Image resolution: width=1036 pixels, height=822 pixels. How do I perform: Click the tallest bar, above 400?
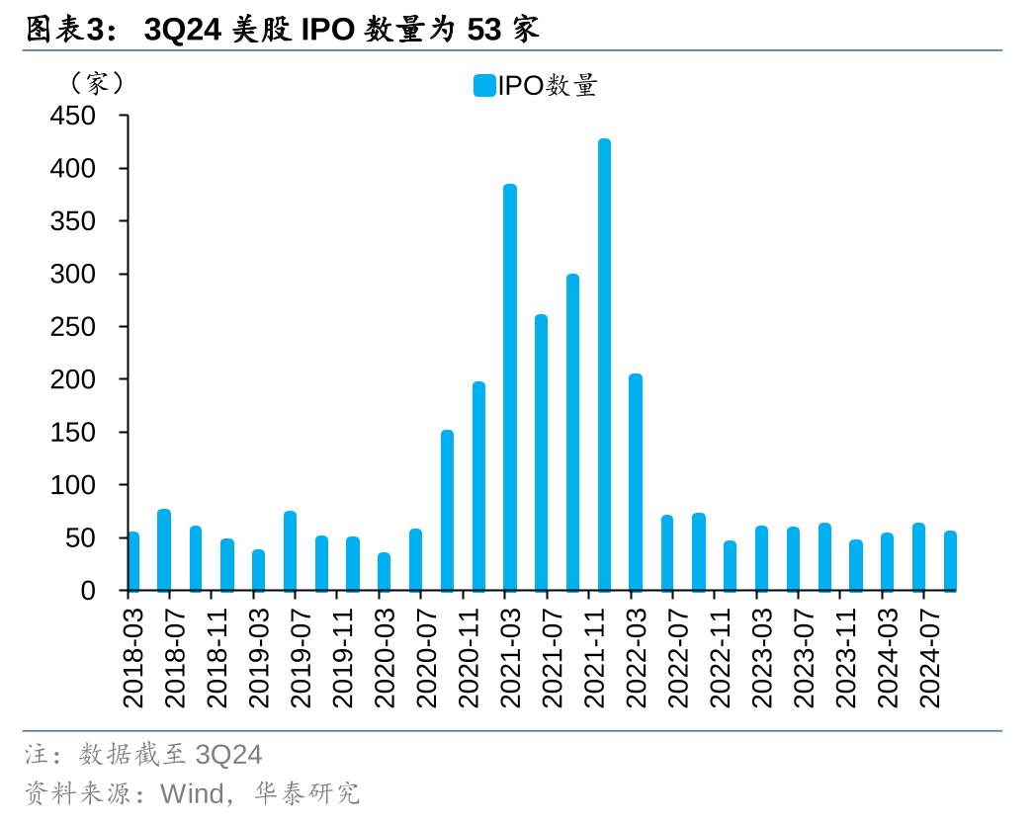(604, 366)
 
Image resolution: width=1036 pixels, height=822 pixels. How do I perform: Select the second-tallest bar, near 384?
(510, 387)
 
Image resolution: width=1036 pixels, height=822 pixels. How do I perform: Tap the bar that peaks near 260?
(541, 452)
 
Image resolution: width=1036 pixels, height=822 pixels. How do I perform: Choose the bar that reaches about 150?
(447, 511)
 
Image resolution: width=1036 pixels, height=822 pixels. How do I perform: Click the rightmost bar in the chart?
(950, 561)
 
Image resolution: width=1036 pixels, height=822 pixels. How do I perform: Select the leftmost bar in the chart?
(133, 561)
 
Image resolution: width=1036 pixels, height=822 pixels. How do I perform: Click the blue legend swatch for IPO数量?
(483, 86)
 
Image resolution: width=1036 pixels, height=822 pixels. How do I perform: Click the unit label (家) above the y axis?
(96, 83)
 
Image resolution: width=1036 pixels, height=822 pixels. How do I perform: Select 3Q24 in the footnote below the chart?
(229, 755)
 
